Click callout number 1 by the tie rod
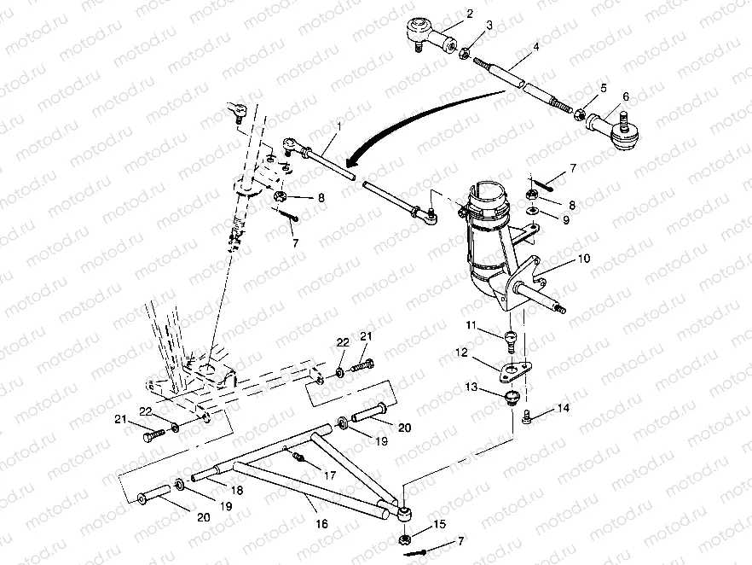339,126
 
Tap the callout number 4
535,49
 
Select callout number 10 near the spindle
584,257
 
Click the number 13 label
471,387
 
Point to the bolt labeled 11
508,341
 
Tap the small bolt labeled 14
529,416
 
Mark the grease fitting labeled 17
299,458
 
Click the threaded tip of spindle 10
560,309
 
